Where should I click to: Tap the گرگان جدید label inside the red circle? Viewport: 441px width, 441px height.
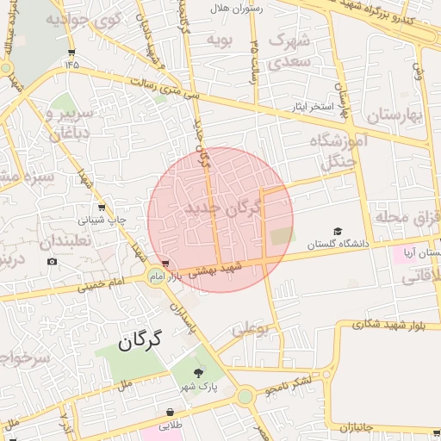tap(223, 208)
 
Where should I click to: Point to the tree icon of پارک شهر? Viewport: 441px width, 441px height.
tap(199, 372)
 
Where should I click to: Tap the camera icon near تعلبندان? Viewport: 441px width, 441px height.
tap(53, 261)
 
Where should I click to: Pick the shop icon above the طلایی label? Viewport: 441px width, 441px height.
tap(169, 413)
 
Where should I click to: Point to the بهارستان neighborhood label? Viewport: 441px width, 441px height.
tap(398, 115)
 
